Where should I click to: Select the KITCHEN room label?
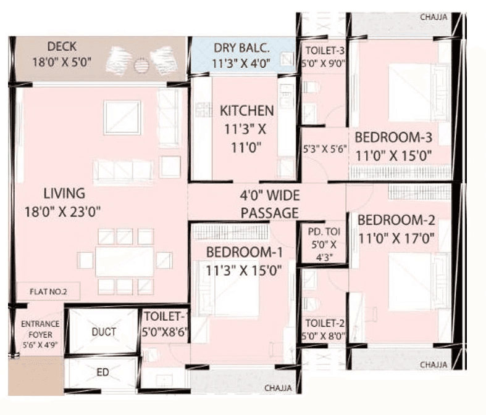(x=247, y=111)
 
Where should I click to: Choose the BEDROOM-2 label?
(x=396, y=220)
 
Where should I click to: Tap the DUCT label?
(x=103, y=332)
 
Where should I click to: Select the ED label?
(x=103, y=372)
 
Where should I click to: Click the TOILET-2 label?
(x=324, y=323)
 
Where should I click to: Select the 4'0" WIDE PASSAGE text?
(x=269, y=205)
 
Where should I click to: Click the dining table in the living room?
(x=125, y=260)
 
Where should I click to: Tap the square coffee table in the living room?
(x=122, y=117)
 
